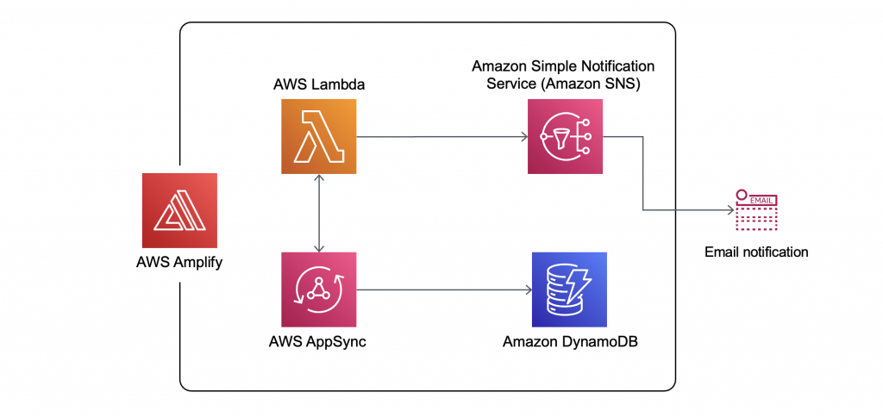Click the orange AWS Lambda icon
pos(318,136)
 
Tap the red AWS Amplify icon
pos(179,210)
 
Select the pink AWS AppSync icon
pos(318,289)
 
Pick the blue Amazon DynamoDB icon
pos(569,289)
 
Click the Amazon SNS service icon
pos(565,136)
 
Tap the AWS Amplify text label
pos(179,262)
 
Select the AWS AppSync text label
pos(318,342)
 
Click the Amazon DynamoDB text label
pos(569,342)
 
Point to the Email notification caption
pos(756,252)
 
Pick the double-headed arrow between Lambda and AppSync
pos(319,212)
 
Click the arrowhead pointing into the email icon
pos(730,208)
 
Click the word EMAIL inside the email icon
pos(761,200)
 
